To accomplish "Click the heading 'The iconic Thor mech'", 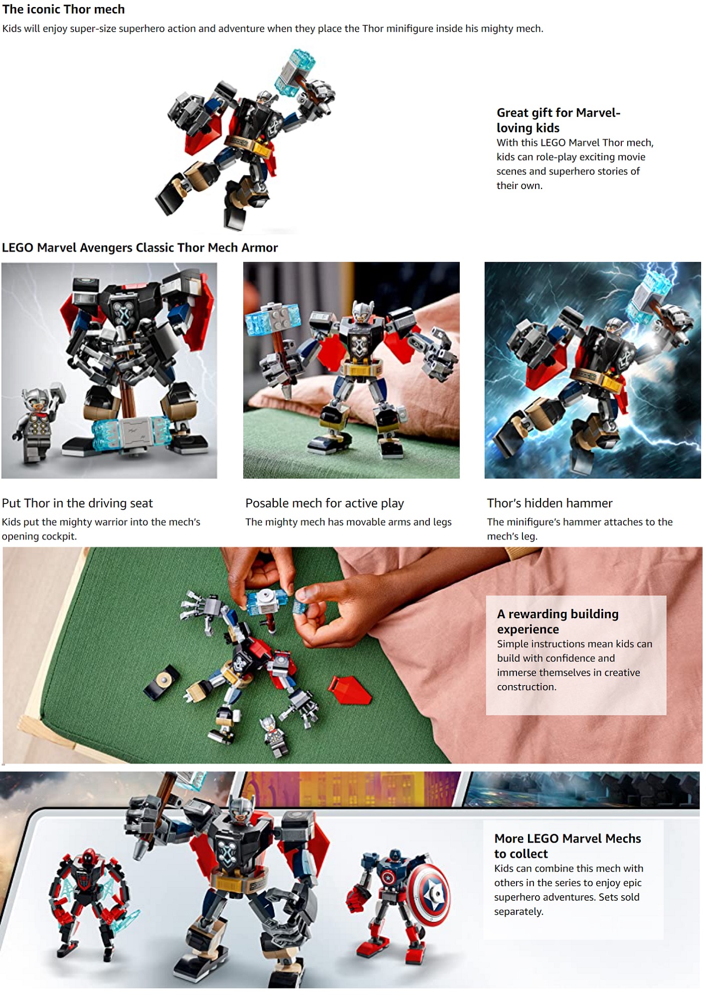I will point(64,9).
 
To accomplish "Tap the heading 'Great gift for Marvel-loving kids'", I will point(558,120).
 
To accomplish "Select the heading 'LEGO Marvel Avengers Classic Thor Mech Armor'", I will point(139,247).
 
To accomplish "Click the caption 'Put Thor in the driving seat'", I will point(77,503).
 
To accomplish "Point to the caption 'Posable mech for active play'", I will point(324,503).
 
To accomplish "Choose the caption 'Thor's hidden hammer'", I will point(550,503).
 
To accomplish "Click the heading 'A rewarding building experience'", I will point(557,621).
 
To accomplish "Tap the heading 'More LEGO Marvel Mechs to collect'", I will point(567,846).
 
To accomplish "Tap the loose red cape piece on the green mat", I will point(349,690).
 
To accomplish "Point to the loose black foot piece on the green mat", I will point(161,681).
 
